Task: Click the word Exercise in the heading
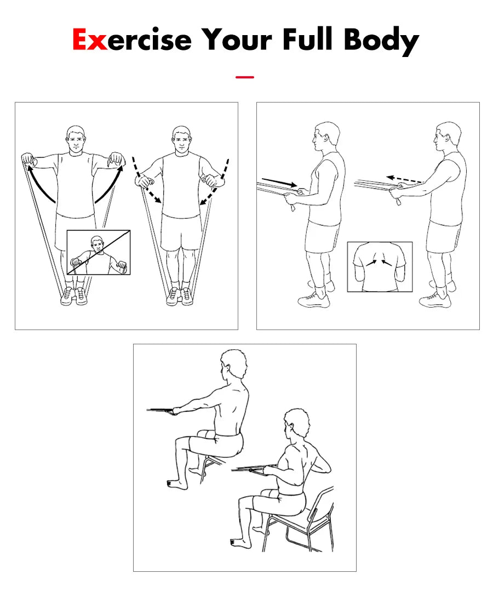pos(131,39)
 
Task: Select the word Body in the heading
pos(381,41)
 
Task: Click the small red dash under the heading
pos(244,77)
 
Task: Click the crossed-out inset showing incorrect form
pos(99,252)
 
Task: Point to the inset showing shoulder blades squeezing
pos(380,266)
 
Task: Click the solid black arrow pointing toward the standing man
pos(279,182)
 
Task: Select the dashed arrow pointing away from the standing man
pos(404,180)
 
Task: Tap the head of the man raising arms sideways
pos(76,140)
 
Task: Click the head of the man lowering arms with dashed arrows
pos(181,140)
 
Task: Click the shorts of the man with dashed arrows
pos(181,233)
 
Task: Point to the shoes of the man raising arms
pos(74,296)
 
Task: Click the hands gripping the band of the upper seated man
pos(173,411)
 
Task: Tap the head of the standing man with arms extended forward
pos(446,137)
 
